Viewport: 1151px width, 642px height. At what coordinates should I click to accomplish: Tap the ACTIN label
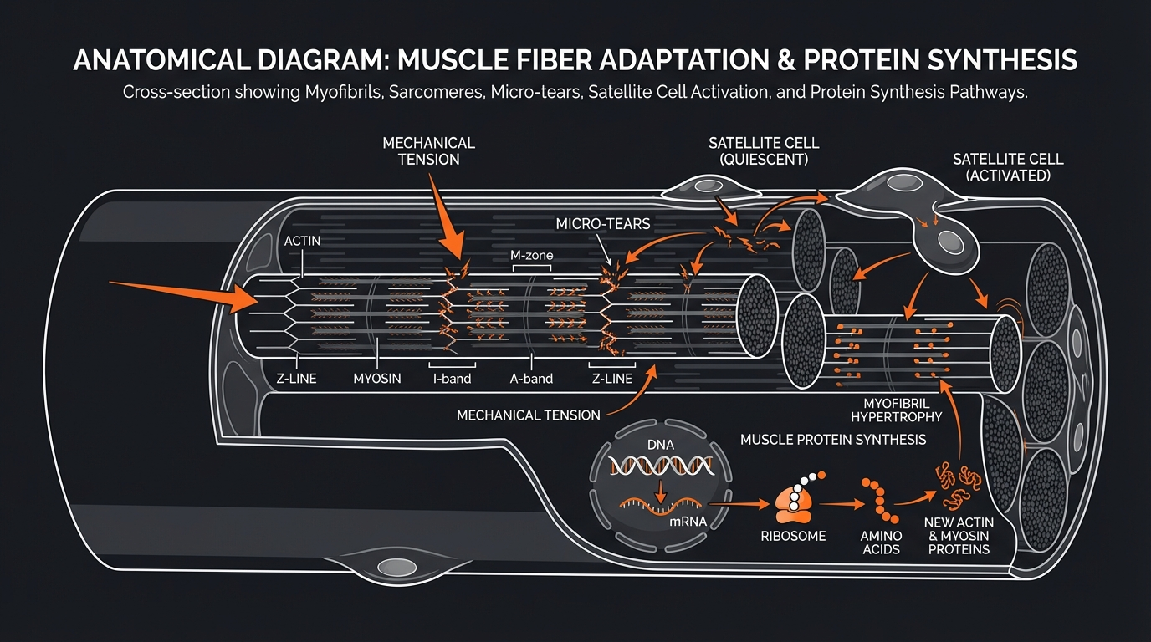pos(302,241)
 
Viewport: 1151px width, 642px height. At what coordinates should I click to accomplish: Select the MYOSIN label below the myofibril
pos(377,379)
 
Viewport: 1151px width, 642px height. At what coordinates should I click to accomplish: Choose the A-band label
pos(531,379)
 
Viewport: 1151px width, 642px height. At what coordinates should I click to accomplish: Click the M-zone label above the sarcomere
pos(532,255)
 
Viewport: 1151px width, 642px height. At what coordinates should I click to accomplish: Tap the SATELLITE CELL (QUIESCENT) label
pos(763,151)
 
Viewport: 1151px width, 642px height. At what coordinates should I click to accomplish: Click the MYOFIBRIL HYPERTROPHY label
pos(896,409)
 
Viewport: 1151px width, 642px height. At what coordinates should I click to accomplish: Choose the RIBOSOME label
pos(793,536)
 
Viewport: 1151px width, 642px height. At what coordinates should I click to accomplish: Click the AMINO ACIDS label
pos(882,543)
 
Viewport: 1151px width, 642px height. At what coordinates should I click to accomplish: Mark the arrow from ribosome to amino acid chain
pos(841,505)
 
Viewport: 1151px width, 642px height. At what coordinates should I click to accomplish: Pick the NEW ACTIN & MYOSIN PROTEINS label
pos(957,535)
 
